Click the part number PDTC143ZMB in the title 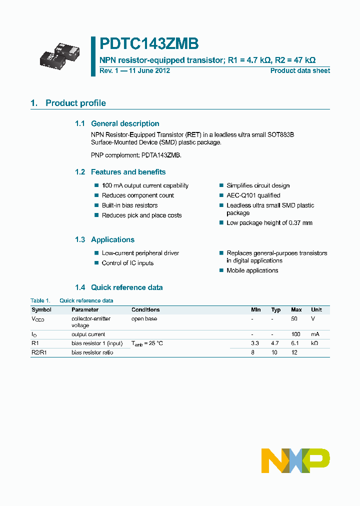pos(149,44)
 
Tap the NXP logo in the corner pos(296,460)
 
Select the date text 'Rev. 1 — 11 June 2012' pos(134,71)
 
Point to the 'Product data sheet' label pos(300,71)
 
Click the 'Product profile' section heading pos(75,103)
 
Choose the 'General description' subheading pos(125,123)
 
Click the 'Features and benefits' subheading pos(128,172)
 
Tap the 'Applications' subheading pos(112,240)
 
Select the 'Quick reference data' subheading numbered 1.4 pos(126,287)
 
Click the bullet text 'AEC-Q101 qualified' pos(253,195)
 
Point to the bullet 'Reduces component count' pos(138,195)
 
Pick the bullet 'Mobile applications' pos(252,270)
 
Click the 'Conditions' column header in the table pos(145,310)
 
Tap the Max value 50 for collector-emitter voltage pos(294,318)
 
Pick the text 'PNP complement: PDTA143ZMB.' pos(136,155)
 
